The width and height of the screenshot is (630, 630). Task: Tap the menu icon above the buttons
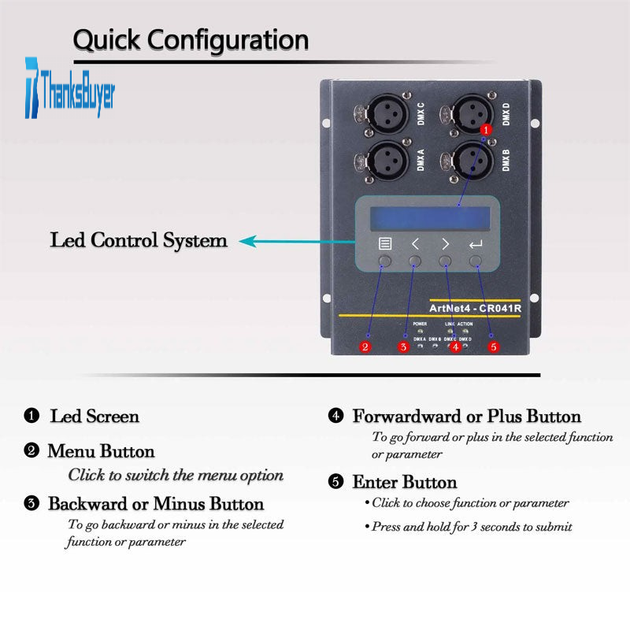[x=385, y=244]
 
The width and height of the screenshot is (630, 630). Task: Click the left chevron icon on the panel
[x=415, y=244]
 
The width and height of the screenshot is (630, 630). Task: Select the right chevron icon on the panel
[x=445, y=244]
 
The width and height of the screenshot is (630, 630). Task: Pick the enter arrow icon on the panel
[x=475, y=244]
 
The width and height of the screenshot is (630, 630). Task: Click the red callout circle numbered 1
[x=486, y=128]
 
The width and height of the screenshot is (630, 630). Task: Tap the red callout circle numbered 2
[x=365, y=346]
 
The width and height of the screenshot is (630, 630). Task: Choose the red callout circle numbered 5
[x=494, y=346]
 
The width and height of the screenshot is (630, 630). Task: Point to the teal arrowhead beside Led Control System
[x=247, y=241]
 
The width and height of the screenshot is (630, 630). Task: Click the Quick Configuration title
[x=191, y=39]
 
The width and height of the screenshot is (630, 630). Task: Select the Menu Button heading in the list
[x=101, y=451]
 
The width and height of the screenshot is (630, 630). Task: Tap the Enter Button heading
[x=404, y=482]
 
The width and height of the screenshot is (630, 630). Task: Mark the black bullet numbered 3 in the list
[x=31, y=503]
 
